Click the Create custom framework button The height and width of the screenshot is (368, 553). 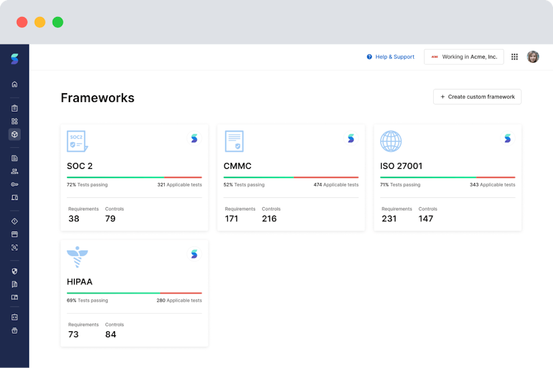[x=477, y=97]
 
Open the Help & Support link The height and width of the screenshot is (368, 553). [x=391, y=57]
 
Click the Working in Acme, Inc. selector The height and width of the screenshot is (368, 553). [x=464, y=57]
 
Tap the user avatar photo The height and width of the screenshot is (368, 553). [x=533, y=57]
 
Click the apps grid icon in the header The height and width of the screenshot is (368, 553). [x=515, y=57]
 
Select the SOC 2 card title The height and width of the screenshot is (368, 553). [x=80, y=166]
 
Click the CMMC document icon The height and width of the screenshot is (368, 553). [x=234, y=141]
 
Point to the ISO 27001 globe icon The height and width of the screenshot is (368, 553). [x=391, y=141]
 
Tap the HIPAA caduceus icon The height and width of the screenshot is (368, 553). [x=77, y=257]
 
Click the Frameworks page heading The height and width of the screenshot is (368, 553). [x=97, y=98]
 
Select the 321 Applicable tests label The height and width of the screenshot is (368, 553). [x=179, y=185]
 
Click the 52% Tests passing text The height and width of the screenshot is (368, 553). [x=244, y=185]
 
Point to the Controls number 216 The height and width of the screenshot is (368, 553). [x=269, y=219]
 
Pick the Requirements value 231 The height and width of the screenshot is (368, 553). [x=389, y=219]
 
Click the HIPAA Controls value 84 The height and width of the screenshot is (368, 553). [x=111, y=335]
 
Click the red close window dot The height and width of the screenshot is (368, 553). [x=22, y=22]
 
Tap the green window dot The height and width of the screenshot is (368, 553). [x=58, y=22]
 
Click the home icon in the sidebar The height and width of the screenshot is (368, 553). [x=14, y=84]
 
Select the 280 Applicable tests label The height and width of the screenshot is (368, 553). [x=179, y=300]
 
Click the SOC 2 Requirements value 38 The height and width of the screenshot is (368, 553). [x=74, y=219]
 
